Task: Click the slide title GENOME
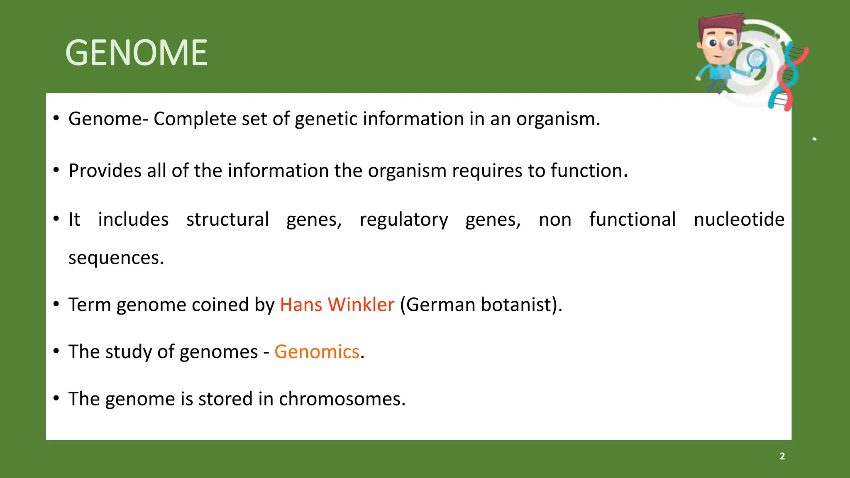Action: (136, 53)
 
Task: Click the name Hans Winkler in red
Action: (337, 305)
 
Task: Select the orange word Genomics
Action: (317, 352)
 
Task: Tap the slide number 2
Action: (782, 456)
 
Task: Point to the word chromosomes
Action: (342, 399)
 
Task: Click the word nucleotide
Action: (739, 219)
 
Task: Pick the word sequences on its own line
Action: (116, 258)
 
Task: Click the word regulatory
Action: (403, 219)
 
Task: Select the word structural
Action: (227, 219)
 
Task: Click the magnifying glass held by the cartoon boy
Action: (756, 60)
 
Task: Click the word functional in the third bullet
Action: (632, 219)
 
